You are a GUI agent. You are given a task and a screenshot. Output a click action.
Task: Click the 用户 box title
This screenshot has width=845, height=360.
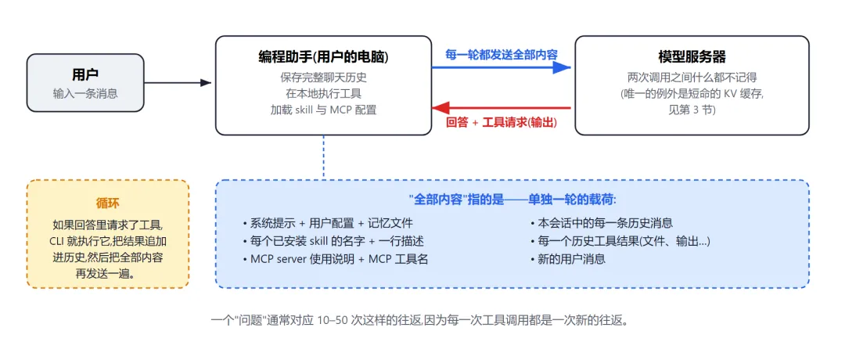(85, 75)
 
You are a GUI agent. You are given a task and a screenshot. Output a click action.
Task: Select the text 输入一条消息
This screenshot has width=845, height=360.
(85, 93)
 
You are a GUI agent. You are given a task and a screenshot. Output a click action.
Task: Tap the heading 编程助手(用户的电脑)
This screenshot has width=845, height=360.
(323, 56)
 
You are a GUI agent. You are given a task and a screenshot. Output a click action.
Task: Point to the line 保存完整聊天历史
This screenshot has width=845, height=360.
(323, 77)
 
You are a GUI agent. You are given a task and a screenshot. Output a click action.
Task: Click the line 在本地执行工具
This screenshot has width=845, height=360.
(323, 94)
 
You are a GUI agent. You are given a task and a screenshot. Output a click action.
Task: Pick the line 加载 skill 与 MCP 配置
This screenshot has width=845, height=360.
(323, 110)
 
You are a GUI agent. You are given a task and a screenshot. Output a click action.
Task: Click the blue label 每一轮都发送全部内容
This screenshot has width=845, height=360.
(502, 54)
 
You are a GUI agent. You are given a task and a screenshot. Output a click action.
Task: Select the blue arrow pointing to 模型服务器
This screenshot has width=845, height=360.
(502, 67)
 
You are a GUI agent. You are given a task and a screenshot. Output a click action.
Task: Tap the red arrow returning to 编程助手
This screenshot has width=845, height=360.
(502, 108)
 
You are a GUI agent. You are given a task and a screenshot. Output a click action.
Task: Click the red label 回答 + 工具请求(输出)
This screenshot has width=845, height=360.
(502, 122)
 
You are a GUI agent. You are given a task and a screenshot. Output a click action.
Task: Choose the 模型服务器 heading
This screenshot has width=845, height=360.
(692, 56)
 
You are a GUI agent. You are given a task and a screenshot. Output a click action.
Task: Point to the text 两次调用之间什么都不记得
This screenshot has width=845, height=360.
(692, 77)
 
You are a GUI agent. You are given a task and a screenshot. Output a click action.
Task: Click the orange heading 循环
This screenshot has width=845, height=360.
(108, 203)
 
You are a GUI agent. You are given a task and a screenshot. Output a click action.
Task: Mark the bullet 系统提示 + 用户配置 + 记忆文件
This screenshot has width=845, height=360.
(328, 223)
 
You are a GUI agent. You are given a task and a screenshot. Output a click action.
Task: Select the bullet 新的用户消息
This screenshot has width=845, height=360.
(568, 259)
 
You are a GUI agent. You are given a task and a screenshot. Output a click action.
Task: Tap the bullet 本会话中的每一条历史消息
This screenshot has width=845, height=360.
(602, 223)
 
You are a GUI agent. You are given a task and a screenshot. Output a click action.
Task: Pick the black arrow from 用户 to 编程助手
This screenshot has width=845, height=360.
(178, 82)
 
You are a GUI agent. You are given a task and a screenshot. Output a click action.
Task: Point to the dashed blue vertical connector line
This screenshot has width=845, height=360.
(323, 157)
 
